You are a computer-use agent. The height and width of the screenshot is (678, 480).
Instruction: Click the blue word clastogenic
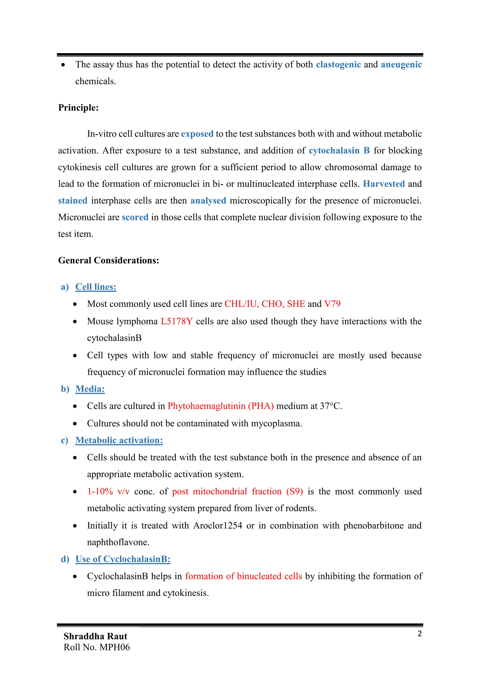pyautogui.click(x=338, y=64)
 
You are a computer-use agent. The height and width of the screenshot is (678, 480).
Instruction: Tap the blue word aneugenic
pyautogui.click(x=401, y=64)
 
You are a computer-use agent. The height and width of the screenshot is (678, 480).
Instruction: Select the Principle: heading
pyautogui.click(x=78, y=107)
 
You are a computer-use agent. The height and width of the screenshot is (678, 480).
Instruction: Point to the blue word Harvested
pyautogui.click(x=384, y=184)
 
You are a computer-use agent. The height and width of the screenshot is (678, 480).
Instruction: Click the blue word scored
pyautogui.click(x=135, y=217)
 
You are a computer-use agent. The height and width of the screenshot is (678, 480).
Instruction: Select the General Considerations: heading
pyautogui.click(x=109, y=260)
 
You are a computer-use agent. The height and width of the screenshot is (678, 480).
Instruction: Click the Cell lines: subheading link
pyautogui.click(x=96, y=287)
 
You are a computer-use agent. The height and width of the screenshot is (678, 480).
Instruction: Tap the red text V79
pyautogui.click(x=332, y=304)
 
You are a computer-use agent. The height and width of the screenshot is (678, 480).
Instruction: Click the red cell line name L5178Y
pyautogui.click(x=176, y=321)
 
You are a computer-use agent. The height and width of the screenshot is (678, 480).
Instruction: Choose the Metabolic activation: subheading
pyautogui.click(x=119, y=440)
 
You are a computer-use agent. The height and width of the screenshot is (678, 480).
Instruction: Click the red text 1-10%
pyautogui.click(x=100, y=491)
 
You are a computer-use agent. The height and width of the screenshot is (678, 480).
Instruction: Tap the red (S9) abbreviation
pyautogui.click(x=294, y=491)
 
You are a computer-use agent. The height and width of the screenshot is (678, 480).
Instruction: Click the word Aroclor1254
pyautogui.click(x=217, y=525)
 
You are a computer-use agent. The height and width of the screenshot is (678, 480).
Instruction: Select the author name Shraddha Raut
pyautogui.click(x=95, y=636)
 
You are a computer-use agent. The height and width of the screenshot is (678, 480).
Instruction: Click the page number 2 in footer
pyautogui.click(x=419, y=634)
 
